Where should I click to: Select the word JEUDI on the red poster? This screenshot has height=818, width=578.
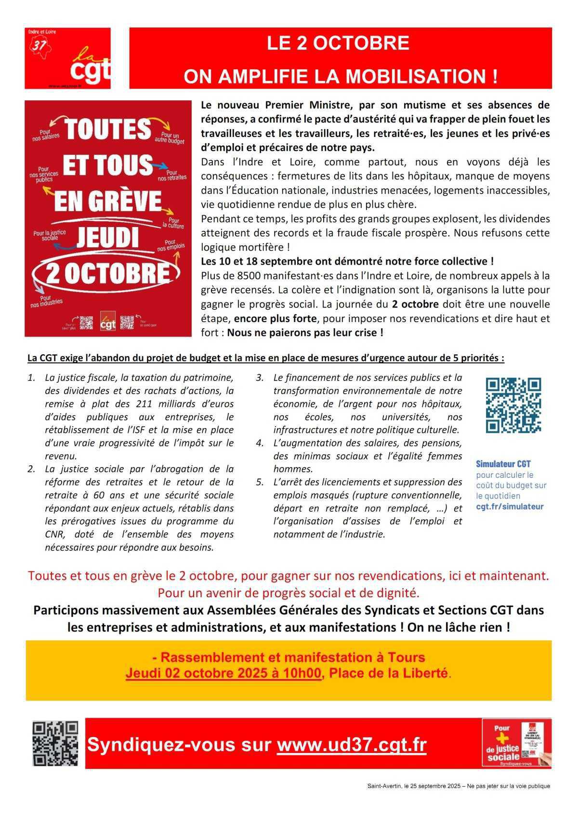[107, 237]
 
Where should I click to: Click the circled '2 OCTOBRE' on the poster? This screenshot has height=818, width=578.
[107, 273]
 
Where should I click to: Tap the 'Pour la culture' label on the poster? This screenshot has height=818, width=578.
[173, 223]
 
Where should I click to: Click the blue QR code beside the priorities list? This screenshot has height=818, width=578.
[513, 405]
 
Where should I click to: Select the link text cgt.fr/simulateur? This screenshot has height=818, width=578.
[510, 507]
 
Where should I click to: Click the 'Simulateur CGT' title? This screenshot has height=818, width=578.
[503, 464]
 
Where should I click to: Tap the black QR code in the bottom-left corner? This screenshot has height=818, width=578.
[55, 744]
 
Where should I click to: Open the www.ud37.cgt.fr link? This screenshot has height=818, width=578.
[352, 745]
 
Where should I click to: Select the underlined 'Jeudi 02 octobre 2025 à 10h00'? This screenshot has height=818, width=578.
[223, 673]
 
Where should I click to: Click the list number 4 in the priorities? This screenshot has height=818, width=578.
[260, 443]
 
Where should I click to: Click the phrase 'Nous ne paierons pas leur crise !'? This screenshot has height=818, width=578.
[305, 333]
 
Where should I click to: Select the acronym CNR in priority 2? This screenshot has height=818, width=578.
[53, 534]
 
